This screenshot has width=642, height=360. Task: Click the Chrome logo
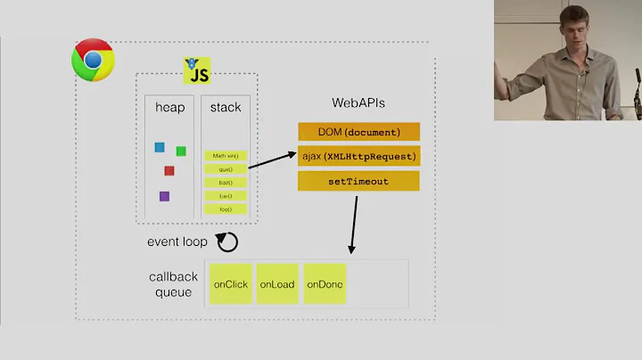coord(93,60)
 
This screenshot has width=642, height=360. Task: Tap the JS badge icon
coord(196,69)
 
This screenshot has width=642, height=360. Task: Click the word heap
coord(169,108)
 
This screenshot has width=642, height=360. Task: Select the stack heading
coord(226,108)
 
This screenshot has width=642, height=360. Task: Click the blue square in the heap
coord(160,147)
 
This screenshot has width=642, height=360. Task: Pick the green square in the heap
coord(181,151)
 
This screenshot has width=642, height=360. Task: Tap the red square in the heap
coord(169,170)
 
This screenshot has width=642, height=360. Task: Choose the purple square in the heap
coord(164,196)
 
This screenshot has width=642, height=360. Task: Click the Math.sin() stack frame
coord(226,155)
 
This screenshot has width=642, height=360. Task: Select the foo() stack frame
coord(226,209)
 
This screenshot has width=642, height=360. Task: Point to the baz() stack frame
coord(226,182)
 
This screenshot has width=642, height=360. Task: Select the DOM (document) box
coord(358,133)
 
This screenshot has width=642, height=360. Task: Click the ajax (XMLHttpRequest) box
coord(358,157)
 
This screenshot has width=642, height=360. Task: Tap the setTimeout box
coord(358,181)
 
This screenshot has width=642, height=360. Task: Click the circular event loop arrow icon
coord(228,241)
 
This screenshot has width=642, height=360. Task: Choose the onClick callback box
coord(230,284)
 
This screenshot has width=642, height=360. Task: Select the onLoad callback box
coord(277,284)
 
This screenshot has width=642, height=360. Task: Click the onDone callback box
coord(325,284)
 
